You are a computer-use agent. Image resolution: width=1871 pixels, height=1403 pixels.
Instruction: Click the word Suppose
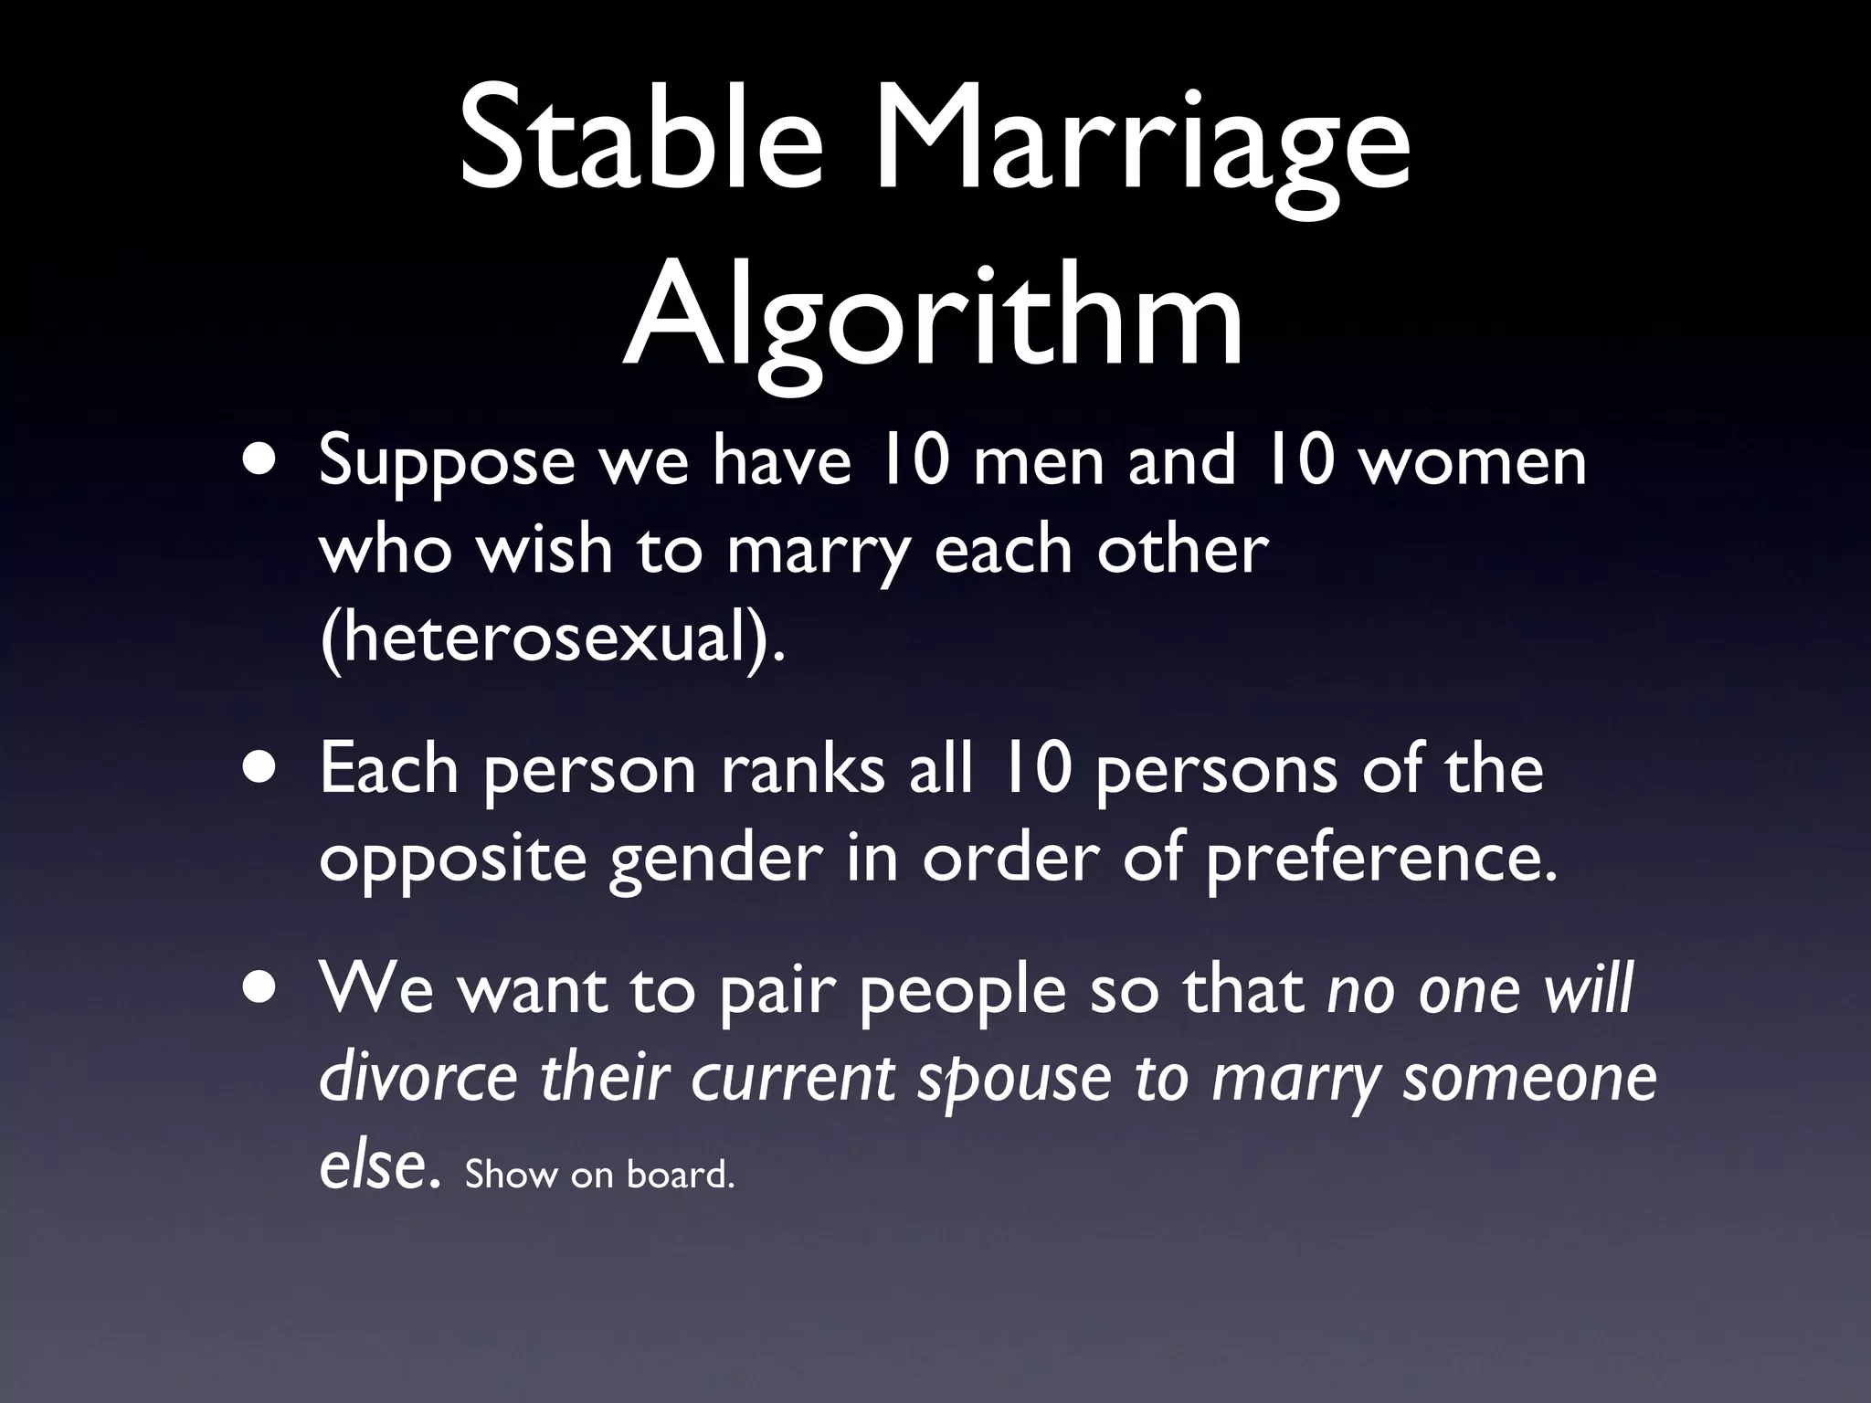click(x=447, y=463)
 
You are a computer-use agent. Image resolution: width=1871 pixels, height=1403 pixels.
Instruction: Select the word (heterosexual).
click(x=551, y=638)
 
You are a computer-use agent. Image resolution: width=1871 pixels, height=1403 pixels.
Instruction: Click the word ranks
click(x=802, y=769)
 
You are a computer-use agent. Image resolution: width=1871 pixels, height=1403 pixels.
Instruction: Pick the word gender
click(x=715, y=860)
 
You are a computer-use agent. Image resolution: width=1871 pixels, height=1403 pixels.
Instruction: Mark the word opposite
click(x=452, y=860)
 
